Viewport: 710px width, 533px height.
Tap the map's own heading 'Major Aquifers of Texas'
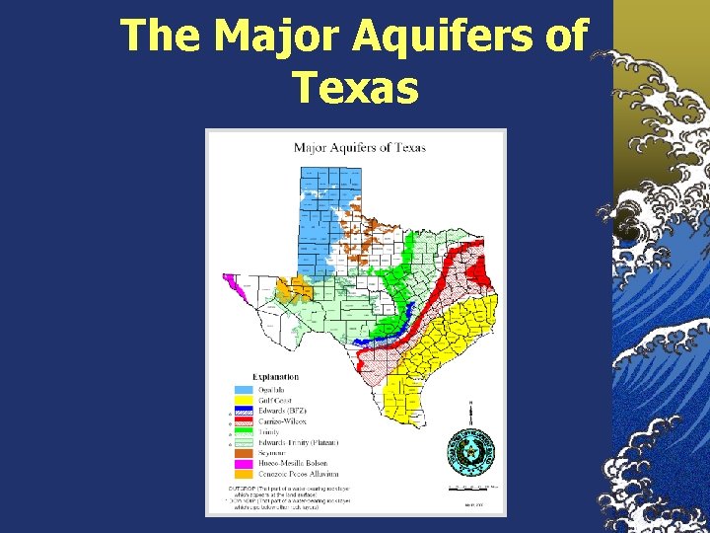point(359,148)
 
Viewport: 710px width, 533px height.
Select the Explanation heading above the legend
point(275,377)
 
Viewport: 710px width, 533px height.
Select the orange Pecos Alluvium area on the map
point(289,290)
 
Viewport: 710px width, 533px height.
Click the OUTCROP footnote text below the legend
point(286,491)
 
